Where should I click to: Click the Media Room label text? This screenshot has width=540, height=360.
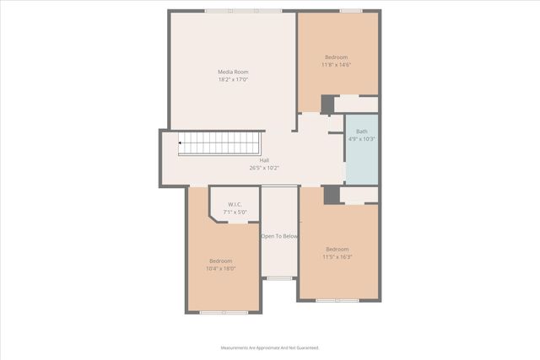click(x=233, y=73)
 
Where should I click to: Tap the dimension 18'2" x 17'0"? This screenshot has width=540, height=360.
click(x=233, y=80)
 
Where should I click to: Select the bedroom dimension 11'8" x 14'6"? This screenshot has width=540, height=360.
click(x=336, y=65)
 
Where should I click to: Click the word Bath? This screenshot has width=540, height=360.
click(x=361, y=132)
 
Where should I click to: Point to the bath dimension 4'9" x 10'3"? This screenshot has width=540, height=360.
click(x=361, y=139)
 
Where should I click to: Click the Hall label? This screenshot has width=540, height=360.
click(x=264, y=160)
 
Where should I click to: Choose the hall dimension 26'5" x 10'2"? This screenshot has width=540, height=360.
click(x=264, y=168)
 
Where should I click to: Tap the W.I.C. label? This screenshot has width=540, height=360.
click(x=235, y=204)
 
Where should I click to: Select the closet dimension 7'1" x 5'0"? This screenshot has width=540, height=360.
click(x=235, y=212)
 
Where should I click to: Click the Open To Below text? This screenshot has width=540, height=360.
click(x=279, y=237)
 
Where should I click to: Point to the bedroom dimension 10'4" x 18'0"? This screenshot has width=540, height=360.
click(x=222, y=269)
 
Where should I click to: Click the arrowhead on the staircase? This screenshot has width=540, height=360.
click(x=181, y=143)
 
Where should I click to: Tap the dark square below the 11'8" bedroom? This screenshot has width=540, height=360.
click(x=327, y=105)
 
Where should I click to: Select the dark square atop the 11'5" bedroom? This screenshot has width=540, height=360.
click(x=332, y=195)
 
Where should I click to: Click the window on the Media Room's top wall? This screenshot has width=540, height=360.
click(x=243, y=11)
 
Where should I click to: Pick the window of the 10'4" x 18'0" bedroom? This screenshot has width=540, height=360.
click(x=224, y=312)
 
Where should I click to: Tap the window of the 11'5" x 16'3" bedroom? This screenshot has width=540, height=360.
click(x=337, y=300)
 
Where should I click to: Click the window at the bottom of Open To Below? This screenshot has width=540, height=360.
click(x=279, y=277)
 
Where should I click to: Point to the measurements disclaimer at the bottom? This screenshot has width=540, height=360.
click(x=270, y=347)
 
